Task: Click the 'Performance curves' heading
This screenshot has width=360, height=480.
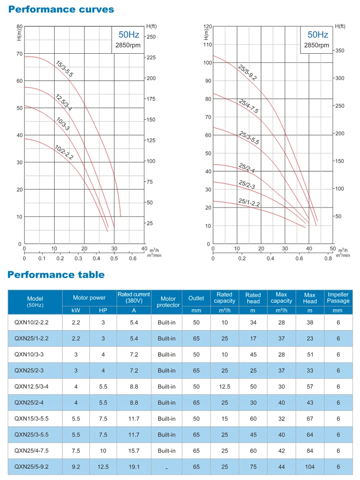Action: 61,9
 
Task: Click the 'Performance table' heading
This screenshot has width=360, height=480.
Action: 56,275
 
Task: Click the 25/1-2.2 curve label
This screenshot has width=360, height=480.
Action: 249,203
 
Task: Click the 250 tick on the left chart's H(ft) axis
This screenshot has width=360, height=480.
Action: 151,36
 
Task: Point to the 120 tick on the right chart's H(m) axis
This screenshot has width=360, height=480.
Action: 207,26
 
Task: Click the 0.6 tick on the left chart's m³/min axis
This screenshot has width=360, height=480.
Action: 133,258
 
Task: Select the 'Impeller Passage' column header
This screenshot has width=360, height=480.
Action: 338,298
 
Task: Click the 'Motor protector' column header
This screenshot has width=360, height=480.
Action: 168,302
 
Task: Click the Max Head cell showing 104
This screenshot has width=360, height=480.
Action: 310,467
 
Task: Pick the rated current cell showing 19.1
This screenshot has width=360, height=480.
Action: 133,467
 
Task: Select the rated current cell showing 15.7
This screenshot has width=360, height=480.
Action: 133,450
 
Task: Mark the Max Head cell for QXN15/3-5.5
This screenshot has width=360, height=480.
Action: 310,418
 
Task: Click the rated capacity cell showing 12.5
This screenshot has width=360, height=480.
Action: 224,386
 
